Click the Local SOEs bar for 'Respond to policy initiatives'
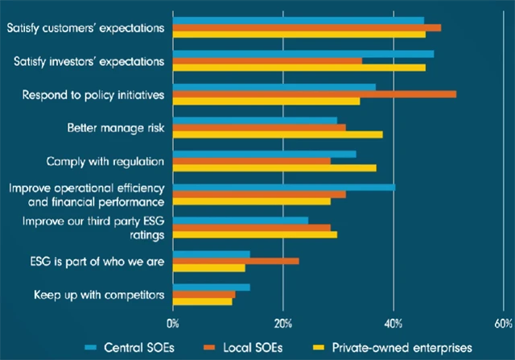[315, 94]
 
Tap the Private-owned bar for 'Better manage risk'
[278, 134]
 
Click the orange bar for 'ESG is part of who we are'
[236, 261]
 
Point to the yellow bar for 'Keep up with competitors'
[202, 302]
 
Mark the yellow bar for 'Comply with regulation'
[274, 168]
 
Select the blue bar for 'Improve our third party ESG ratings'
[241, 220]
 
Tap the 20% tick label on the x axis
[282, 323]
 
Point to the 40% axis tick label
[393, 323]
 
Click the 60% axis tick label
[503, 323]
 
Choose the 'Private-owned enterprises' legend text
[402, 347]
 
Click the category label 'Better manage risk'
[116, 127]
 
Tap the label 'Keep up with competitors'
[99, 294]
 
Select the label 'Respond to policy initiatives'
[93, 94]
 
